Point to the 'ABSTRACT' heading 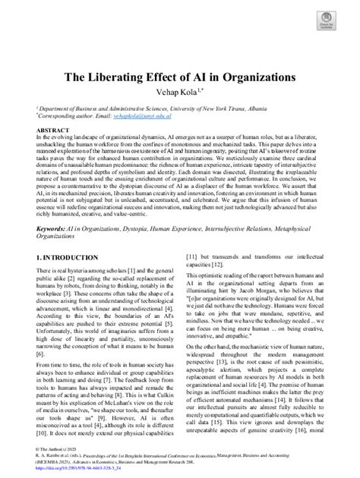(52, 130)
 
